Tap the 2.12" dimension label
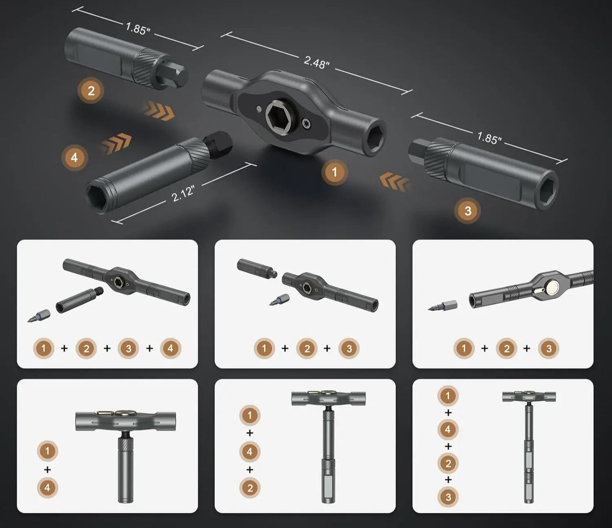tap(183, 195)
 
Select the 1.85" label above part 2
tap(138, 29)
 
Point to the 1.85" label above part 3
tap(490, 137)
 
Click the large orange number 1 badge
tap(335, 172)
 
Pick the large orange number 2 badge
tap(91, 90)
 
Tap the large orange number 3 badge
tap(468, 211)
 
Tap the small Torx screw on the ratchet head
tap(307, 124)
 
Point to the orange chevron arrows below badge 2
tap(158, 110)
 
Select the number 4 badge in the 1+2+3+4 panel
tap(171, 348)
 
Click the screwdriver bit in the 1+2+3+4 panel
tap(39, 316)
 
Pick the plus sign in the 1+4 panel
tap(47, 470)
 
